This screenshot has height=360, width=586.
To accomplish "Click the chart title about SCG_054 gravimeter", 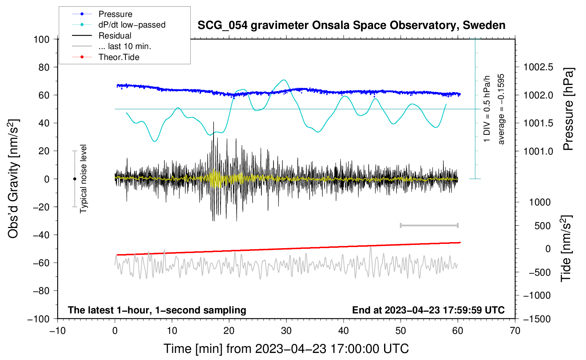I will click(351, 25).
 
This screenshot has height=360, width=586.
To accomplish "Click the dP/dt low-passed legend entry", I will click(132, 25).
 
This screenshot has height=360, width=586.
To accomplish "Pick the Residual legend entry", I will click(115, 36).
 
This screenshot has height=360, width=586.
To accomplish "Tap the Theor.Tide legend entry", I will click(119, 57).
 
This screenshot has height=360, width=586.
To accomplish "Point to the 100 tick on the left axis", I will click(41, 39).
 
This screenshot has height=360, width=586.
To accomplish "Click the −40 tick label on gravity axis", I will click(41, 235).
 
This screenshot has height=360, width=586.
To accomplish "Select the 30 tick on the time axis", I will click(286, 331).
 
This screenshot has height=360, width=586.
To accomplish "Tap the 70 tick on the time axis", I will click(515, 331).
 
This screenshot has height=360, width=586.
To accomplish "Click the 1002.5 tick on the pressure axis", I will click(538, 67).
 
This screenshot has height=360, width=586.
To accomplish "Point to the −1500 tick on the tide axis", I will click(537, 319).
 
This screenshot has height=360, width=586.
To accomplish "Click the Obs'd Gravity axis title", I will click(13, 179).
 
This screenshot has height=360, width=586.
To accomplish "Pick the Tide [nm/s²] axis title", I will click(566, 248).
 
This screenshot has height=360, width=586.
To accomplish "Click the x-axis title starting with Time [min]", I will click(286, 349).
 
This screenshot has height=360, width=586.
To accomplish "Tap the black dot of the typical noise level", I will click(74, 179).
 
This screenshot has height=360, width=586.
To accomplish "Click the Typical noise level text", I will click(83, 179).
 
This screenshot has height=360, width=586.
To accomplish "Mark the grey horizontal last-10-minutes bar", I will click(429, 225).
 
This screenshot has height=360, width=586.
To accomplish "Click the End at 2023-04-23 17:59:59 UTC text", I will click(428, 310).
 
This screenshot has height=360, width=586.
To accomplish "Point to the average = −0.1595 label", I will click(501, 109).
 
